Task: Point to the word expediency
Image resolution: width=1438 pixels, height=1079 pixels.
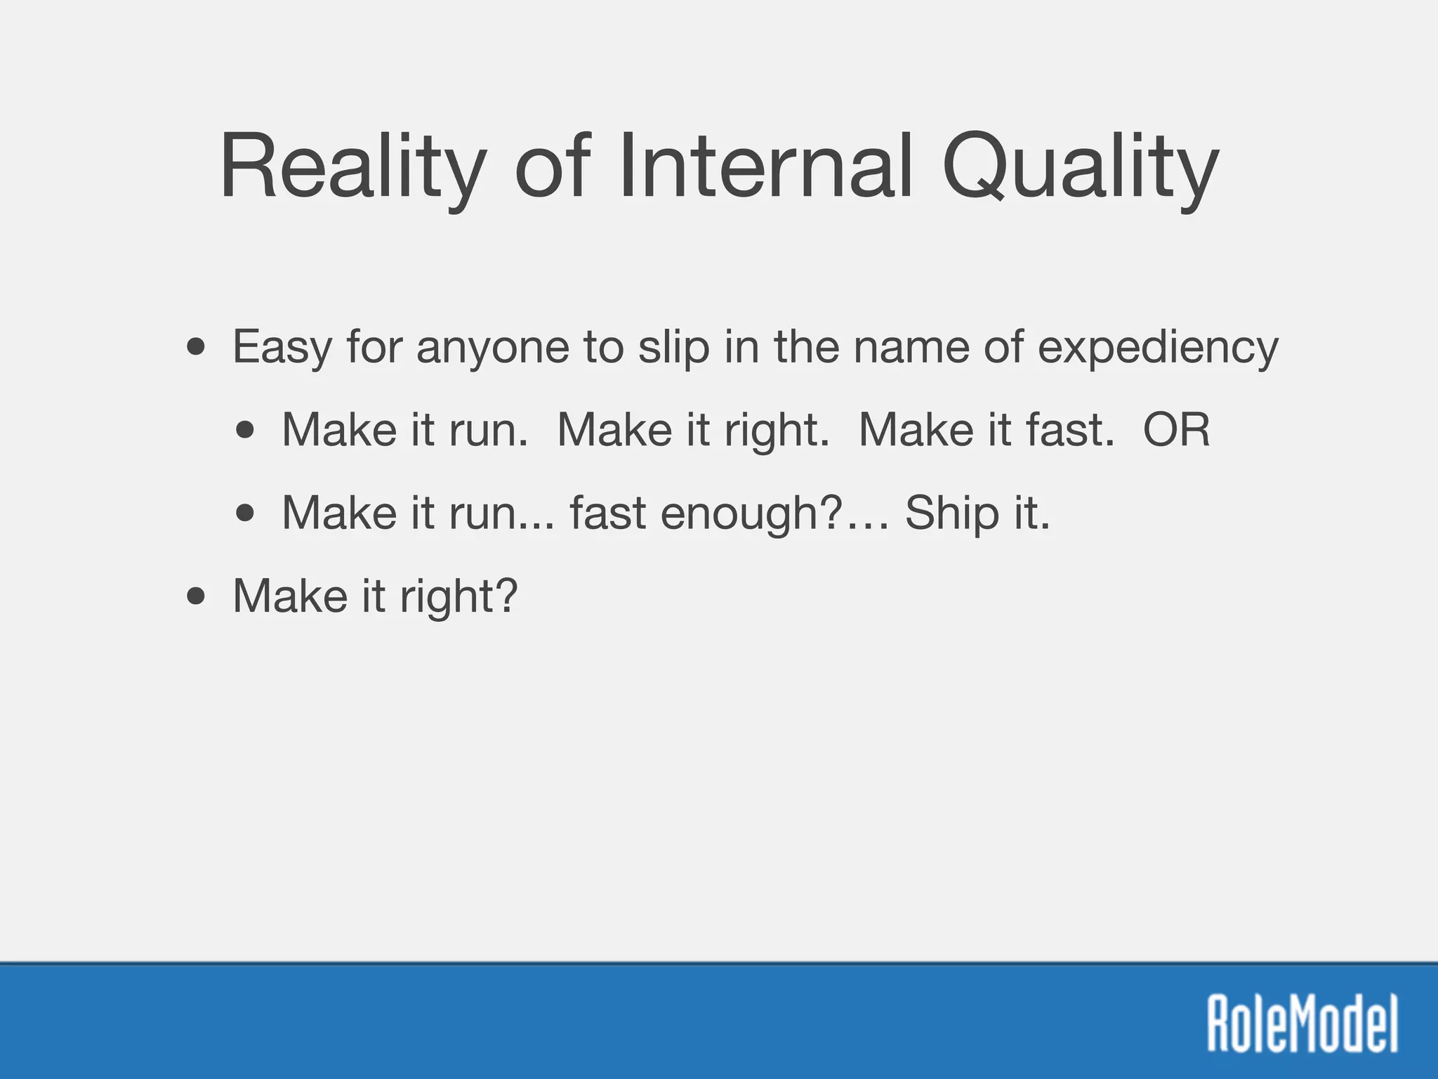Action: [1158, 348]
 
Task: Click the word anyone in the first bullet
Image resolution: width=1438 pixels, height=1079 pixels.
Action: [492, 348]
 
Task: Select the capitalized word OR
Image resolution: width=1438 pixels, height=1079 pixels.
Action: [1176, 430]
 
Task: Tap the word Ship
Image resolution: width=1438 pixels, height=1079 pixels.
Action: [951, 513]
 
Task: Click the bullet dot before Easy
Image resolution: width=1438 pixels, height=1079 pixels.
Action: [197, 347]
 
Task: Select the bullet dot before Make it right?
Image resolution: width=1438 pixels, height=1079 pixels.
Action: [197, 596]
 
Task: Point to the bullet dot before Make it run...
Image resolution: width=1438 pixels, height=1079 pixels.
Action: [245, 513]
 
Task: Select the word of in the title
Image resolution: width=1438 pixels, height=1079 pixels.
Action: [550, 169]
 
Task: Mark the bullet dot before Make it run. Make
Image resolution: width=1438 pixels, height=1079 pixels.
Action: [245, 430]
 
